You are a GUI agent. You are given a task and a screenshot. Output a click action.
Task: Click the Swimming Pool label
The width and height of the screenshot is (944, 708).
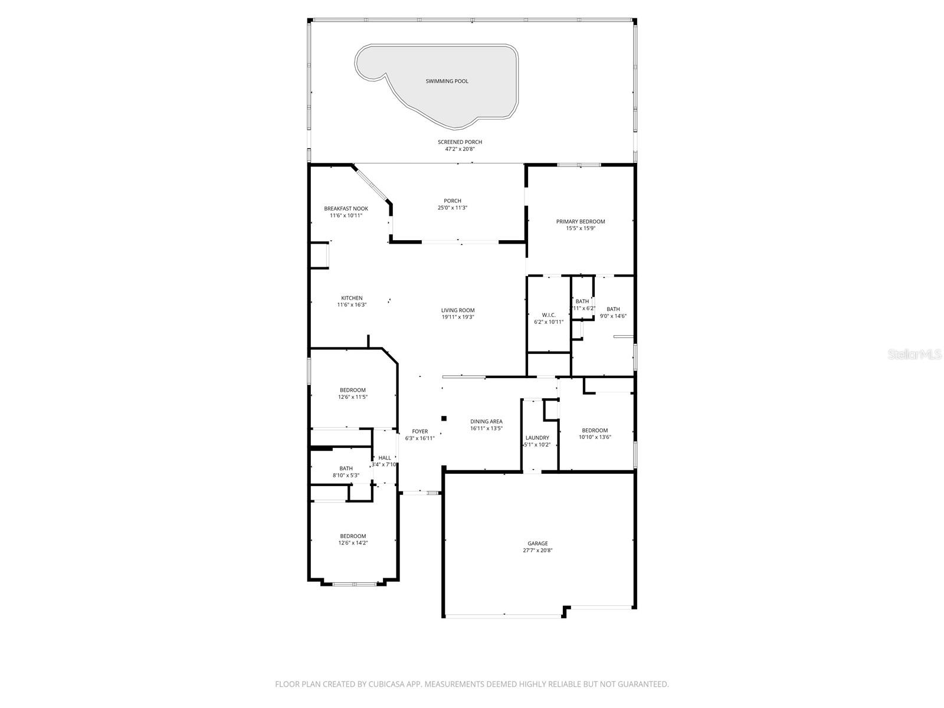[447, 81]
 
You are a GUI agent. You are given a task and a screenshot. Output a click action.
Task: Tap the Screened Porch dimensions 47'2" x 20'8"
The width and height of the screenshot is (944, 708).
[460, 149]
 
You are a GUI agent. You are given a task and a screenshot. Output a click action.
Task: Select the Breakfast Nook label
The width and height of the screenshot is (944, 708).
[346, 208]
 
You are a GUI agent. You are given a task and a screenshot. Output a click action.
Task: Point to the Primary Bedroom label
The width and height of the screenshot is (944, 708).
[581, 221]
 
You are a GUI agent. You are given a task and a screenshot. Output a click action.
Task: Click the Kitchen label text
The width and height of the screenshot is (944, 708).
[352, 298]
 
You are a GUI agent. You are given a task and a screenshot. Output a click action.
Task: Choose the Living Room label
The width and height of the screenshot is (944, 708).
[458, 310]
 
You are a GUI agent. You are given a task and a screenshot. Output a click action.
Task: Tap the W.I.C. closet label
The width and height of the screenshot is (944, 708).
[549, 315]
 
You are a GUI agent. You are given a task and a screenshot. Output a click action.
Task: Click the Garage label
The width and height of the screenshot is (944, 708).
[537, 543]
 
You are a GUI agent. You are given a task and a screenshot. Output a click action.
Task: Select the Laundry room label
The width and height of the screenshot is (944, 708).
[537, 438]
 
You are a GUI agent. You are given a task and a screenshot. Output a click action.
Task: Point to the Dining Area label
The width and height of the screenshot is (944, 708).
[486, 421]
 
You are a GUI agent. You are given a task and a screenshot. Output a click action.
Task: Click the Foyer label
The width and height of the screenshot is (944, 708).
[419, 431]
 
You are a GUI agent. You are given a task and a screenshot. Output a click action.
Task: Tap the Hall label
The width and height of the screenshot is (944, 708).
[384, 458]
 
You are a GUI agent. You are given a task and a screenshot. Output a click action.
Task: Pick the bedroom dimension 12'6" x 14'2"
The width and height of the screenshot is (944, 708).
[353, 543]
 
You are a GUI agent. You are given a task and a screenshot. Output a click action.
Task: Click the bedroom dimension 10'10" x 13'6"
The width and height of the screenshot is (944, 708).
[595, 437]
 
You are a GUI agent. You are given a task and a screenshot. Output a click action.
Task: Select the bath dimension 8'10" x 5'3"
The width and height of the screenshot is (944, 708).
[346, 475]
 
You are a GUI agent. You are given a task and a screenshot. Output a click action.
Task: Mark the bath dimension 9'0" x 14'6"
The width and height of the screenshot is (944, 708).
[613, 316]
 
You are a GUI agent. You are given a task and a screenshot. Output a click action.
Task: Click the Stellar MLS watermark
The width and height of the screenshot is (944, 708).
[914, 354]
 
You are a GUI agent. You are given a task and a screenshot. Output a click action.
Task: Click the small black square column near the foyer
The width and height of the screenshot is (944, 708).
[444, 418]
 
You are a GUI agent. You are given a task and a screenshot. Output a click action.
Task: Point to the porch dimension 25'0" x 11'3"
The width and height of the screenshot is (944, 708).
[453, 208]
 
